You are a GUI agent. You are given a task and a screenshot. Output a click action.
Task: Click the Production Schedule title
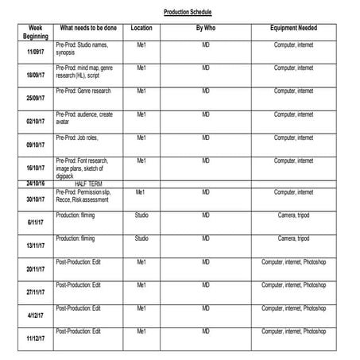tap(188, 13)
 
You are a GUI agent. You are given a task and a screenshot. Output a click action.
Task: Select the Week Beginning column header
tap(36, 32)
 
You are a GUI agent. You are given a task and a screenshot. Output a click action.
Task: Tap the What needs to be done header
tap(87, 28)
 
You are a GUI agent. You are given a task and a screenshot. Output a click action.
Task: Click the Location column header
tap(141, 28)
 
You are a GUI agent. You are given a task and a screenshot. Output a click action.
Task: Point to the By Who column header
tap(206, 28)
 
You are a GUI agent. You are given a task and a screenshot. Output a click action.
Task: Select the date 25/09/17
tap(36, 98)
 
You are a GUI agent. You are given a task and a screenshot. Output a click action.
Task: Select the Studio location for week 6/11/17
tap(141, 215)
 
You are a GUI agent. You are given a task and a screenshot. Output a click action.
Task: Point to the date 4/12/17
tap(36, 315)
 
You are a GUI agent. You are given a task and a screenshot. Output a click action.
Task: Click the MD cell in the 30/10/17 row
tap(206, 192)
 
